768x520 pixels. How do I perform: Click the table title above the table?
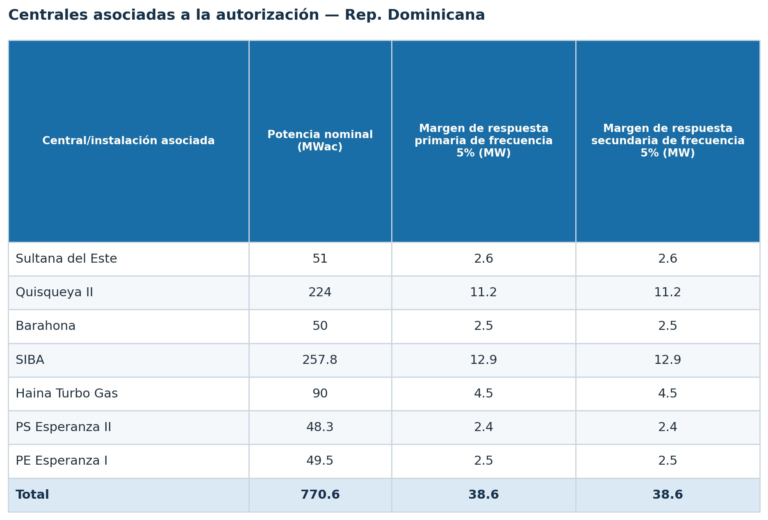click(246, 15)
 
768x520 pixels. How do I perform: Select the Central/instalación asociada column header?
click(128, 141)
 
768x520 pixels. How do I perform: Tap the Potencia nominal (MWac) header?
click(320, 141)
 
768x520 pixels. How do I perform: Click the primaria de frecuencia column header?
click(483, 141)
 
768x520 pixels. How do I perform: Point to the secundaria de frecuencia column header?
click(668, 141)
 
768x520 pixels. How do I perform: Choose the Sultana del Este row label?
click(66, 259)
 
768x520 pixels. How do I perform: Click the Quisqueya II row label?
click(54, 293)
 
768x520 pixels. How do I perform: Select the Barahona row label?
click(46, 326)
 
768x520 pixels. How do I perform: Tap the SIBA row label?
click(30, 360)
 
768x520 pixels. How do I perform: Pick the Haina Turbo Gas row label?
click(67, 394)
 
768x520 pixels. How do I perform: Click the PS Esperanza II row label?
click(64, 427)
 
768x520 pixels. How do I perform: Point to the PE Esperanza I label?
click(62, 461)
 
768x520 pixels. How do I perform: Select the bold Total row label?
click(32, 495)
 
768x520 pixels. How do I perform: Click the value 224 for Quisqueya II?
click(320, 293)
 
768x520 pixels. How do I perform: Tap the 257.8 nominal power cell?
click(320, 360)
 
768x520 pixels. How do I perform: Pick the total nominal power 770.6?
click(320, 495)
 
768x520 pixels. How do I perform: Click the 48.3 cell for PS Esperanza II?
click(320, 427)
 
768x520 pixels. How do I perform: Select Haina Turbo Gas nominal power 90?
click(320, 394)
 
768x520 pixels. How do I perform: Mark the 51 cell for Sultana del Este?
click(320, 259)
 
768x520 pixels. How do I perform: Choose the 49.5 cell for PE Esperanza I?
click(320, 461)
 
